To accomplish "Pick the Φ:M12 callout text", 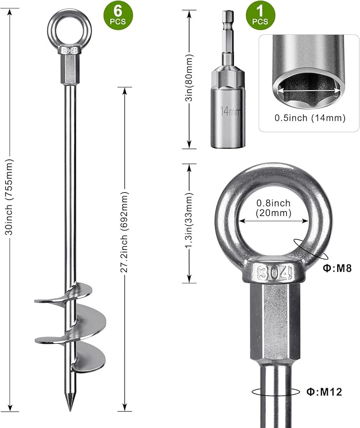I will point(324,392).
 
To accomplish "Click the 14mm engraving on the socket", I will point(231,111).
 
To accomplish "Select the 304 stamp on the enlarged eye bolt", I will point(275,273).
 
